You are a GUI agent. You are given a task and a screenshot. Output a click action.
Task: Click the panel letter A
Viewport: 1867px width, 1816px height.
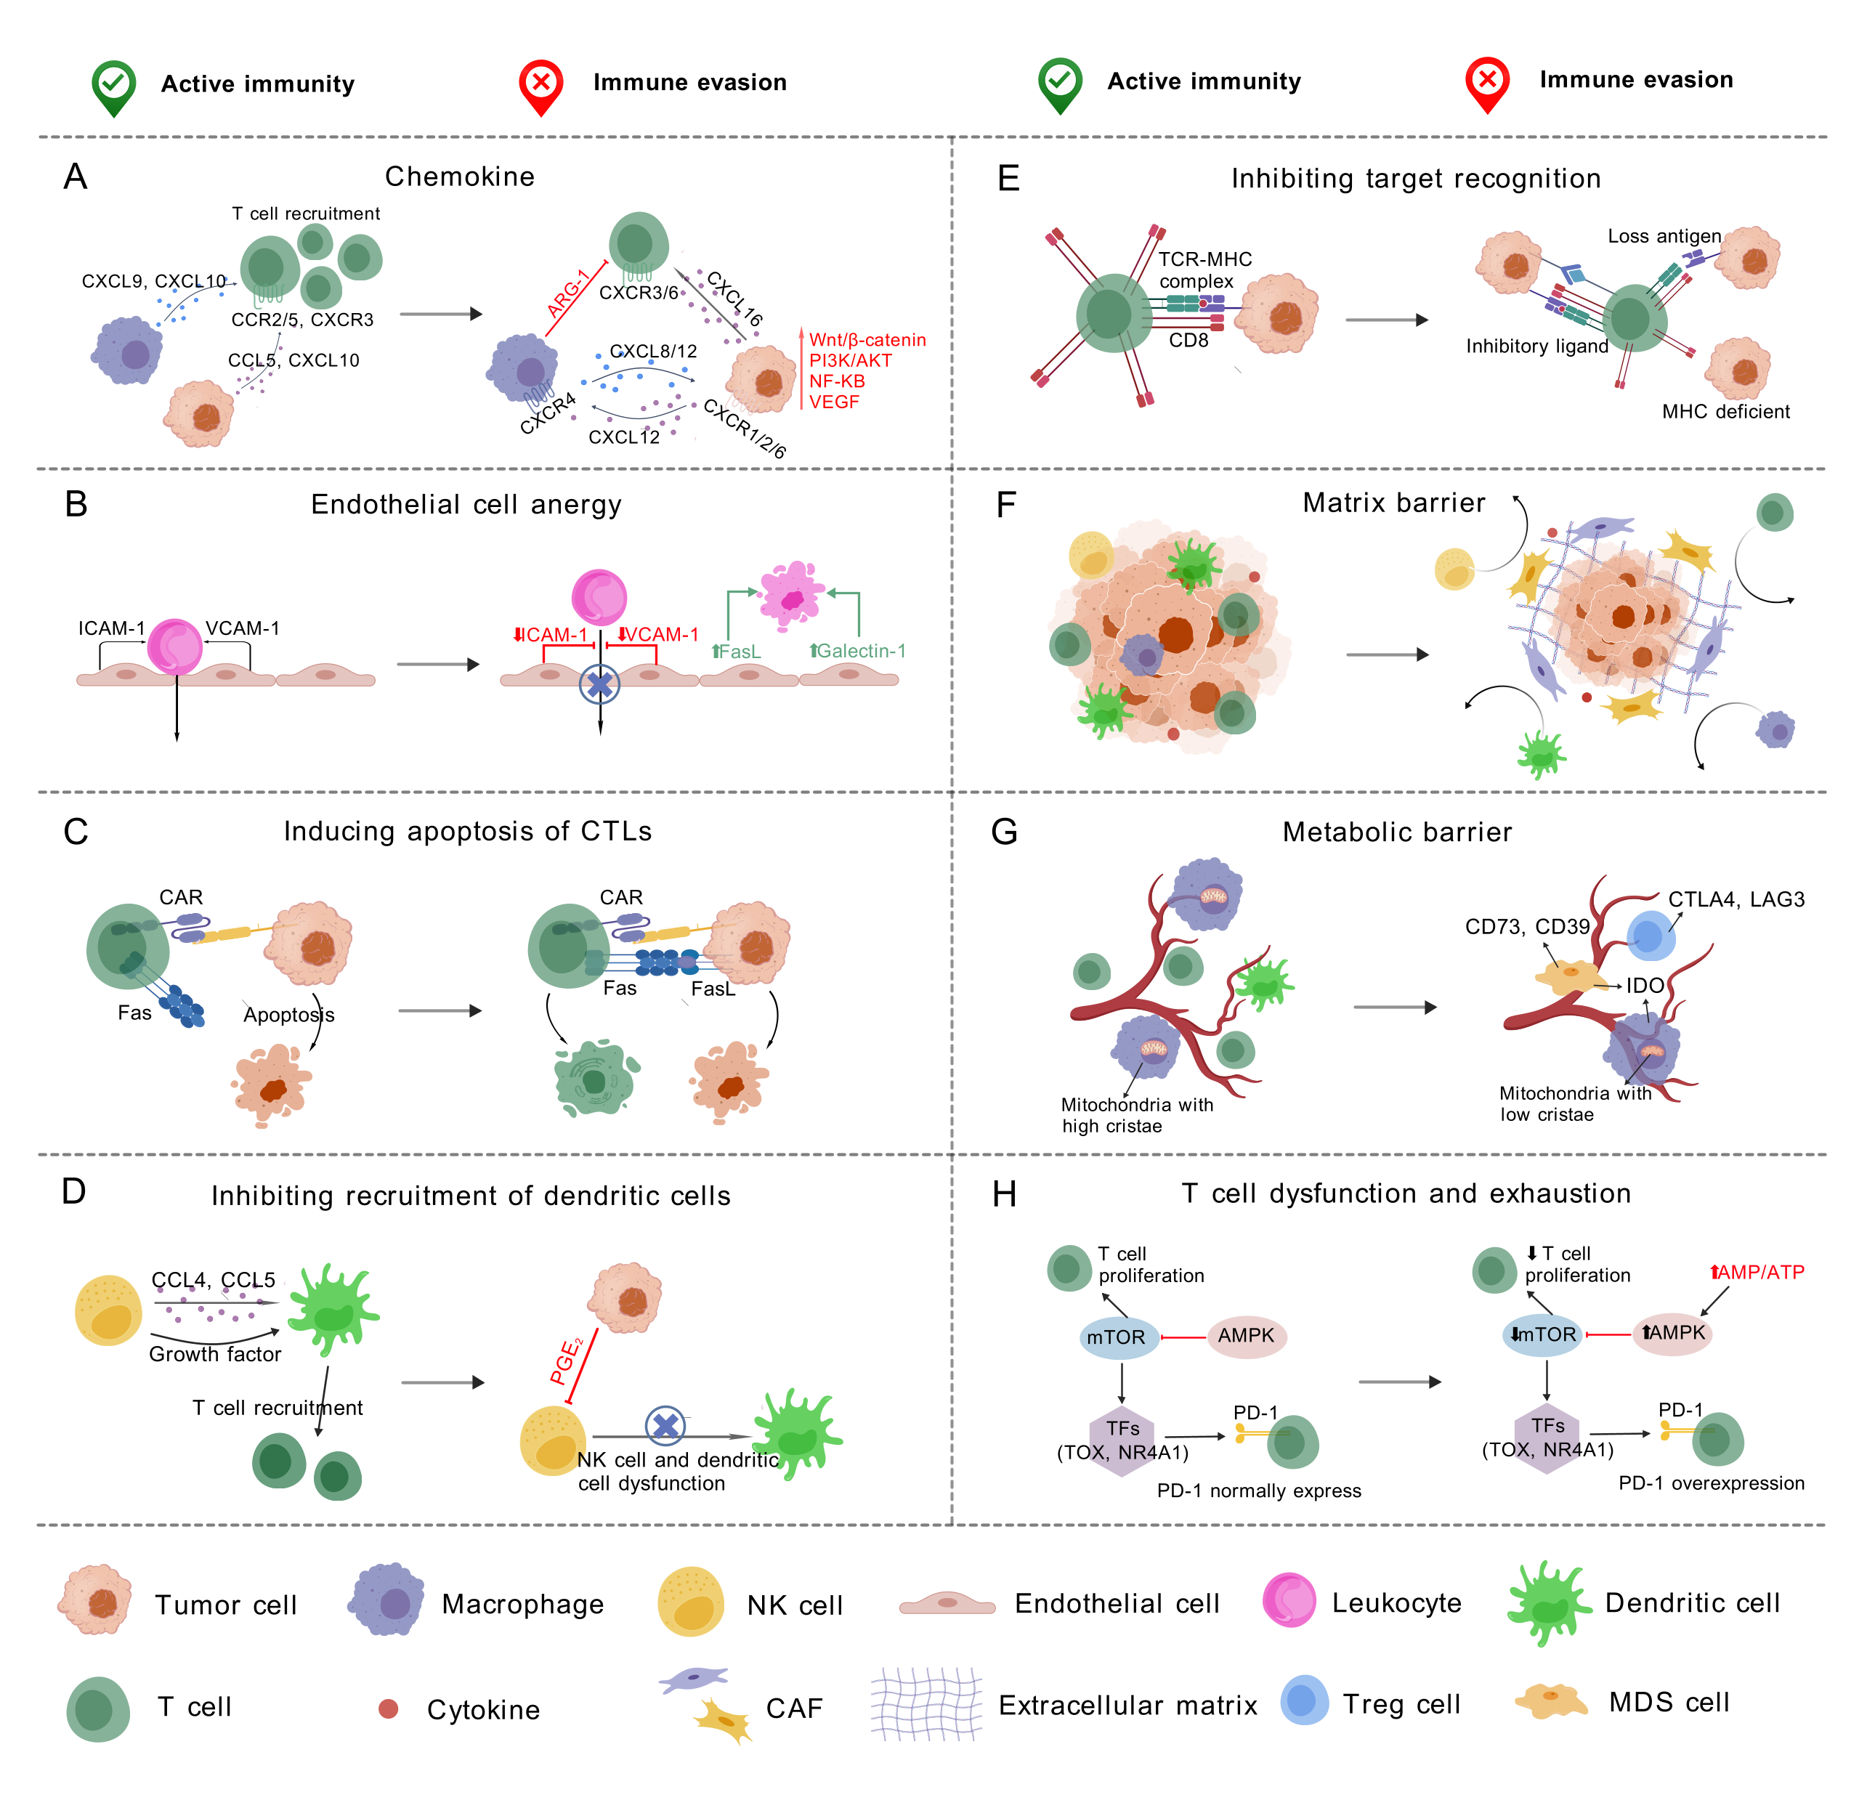click(76, 177)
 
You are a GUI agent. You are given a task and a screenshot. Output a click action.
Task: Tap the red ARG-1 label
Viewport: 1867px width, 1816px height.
click(569, 293)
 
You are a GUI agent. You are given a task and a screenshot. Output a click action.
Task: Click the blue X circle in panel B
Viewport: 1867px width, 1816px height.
click(599, 684)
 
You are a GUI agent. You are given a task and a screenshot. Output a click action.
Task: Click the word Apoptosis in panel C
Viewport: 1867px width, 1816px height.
click(288, 1015)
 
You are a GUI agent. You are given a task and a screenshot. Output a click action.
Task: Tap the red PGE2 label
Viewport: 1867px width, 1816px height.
click(567, 1362)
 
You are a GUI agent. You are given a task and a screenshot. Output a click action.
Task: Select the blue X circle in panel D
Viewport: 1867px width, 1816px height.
click(665, 1426)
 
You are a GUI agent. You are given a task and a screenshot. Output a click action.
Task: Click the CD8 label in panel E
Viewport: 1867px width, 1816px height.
click(1188, 341)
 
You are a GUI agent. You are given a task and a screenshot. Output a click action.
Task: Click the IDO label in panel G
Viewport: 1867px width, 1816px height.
click(1645, 985)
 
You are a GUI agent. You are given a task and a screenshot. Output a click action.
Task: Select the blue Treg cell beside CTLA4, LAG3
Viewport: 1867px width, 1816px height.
click(1651, 936)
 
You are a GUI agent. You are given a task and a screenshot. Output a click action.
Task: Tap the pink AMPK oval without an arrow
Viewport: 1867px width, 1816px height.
click(1246, 1337)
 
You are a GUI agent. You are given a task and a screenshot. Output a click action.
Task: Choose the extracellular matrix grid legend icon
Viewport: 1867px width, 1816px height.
click(926, 1704)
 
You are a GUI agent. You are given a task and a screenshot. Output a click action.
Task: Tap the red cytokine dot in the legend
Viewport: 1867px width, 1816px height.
click(388, 1709)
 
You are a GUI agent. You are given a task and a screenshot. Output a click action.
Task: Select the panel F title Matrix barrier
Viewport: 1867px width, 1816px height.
click(1394, 503)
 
